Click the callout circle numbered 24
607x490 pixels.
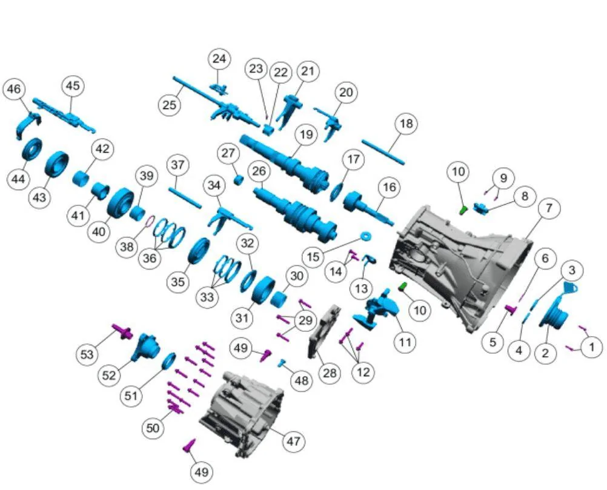(x=219, y=59)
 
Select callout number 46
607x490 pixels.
(x=14, y=90)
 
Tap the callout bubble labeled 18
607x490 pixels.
(x=406, y=124)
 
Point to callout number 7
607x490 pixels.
(x=549, y=208)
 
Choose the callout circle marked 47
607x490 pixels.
(x=293, y=441)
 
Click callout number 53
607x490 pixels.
(x=87, y=354)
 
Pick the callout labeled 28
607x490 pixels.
(x=330, y=372)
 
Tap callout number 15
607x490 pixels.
(x=313, y=256)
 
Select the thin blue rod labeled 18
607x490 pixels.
(x=383, y=152)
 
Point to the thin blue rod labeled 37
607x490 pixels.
(x=185, y=198)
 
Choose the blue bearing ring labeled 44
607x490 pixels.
(x=32, y=148)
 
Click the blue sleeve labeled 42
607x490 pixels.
(x=81, y=179)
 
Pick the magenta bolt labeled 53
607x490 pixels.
(x=122, y=331)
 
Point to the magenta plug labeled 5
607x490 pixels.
(x=511, y=309)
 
